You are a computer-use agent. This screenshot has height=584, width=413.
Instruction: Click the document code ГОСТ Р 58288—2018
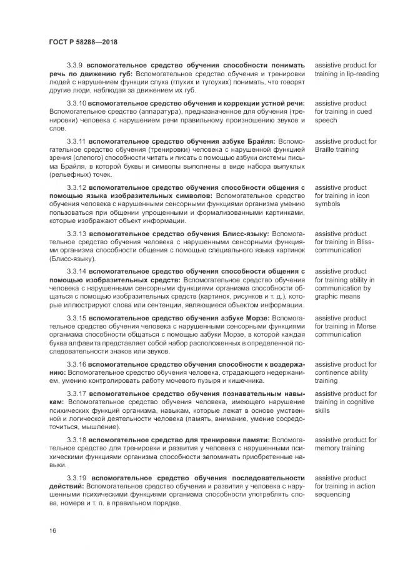coord(82,41)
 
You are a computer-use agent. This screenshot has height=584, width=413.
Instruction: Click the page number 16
coord(52,531)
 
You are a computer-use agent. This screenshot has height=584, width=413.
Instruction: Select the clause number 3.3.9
coord(74,65)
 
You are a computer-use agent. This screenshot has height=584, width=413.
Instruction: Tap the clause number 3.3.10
coord(76,102)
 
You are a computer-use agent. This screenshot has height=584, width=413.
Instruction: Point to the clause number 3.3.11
coord(76,142)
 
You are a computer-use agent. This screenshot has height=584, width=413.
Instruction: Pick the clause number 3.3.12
coord(76,187)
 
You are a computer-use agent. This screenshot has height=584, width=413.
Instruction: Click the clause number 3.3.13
coord(76,233)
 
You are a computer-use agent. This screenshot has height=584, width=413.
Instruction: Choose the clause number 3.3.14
coord(76,272)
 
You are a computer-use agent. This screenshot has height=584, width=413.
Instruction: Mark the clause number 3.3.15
coord(76,317)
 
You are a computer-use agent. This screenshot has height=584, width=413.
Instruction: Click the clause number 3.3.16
coord(76,364)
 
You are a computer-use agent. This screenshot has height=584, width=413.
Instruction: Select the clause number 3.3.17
coord(76,393)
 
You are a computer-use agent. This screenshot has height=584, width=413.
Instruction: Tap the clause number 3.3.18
coord(76,440)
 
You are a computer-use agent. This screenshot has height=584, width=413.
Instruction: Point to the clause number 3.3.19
coord(76,478)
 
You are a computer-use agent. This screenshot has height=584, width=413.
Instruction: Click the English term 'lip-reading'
coord(362,74)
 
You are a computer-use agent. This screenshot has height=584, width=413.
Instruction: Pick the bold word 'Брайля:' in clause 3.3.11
coord(260,142)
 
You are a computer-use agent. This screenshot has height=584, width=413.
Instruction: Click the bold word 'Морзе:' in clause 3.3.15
coord(256,317)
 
